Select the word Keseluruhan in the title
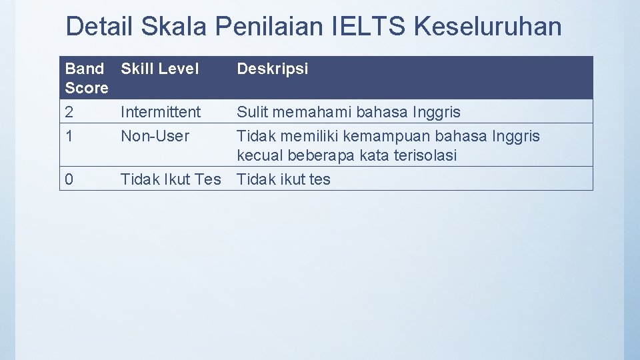pos(487,27)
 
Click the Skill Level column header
pos(160,69)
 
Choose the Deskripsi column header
pos(273,69)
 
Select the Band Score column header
pos(87,78)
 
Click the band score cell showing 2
pos(70,112)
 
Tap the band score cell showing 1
pos(69,136)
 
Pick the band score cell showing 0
pos(70,179)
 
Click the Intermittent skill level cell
pos(161,112)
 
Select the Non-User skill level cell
pos(155,136)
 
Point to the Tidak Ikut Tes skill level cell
pos(171,179)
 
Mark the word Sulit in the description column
pos(253,112)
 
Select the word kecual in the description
pos(261,155)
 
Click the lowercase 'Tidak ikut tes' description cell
pos(284,179)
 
